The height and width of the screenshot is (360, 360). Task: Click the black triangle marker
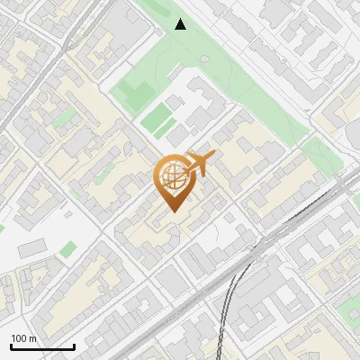click(181, 24)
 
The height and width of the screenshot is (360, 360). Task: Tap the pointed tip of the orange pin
click(172, 212)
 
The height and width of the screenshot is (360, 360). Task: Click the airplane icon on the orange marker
click(201, 163)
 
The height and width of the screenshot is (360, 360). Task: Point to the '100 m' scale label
click(24, 338)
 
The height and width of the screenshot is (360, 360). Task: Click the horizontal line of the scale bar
click(42, 346)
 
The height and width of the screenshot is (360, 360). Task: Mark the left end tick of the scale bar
click(11, 345)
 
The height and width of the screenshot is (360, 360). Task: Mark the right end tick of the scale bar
click(74, 345)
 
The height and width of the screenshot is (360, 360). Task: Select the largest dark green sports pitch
click(136, 92)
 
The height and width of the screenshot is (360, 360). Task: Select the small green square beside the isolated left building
click(68, 248)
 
